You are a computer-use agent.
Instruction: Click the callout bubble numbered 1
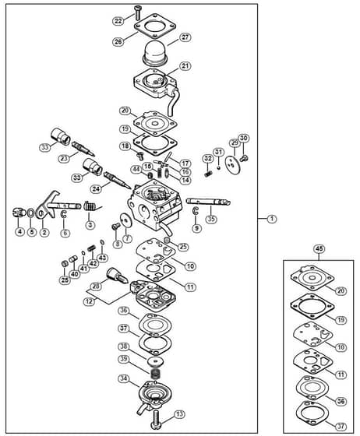coord(271,219)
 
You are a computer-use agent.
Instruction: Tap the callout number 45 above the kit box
coord(319,248)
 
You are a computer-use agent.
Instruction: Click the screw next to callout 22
coord(137,12)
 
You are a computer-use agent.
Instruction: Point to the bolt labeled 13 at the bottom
coord(156,420)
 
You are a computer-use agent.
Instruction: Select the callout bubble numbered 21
coord(185,66)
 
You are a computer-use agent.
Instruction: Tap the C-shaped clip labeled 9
coord(196,211)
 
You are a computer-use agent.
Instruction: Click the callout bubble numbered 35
coord(211,219)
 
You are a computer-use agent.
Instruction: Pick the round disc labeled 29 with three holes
coord(232,163)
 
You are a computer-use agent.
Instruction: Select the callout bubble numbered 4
coord(19,231)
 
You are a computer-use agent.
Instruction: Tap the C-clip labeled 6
coord(64,215)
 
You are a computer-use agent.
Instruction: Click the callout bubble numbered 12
coord(90,301)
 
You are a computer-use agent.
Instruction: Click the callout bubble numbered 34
coord(124,378)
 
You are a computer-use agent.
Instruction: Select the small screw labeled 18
coord(139,155)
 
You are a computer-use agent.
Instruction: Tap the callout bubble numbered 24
coord(96,188)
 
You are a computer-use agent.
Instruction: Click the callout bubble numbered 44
coord(136,170)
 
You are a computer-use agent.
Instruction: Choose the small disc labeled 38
coord(156,362)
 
